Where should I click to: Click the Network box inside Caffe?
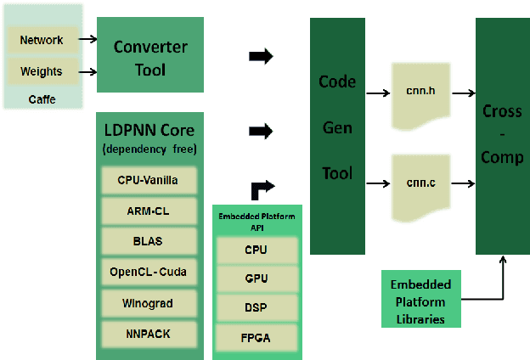coord(42,40)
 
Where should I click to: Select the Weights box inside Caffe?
coord(42,71)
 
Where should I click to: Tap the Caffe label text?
coord(42,99)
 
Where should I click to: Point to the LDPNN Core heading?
coord(149,130)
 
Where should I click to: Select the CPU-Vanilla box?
coord(149,180)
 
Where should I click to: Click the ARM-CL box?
coord(149,211)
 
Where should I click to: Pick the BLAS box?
coord(149,242)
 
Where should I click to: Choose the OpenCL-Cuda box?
coord(149,273)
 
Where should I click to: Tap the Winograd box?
coord(149,303)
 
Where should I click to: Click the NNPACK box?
coord(149,333)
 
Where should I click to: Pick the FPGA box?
coord(256,338)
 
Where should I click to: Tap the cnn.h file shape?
coord(420,91)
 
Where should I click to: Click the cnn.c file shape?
coord(420,183)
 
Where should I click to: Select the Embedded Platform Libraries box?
coord(420,301)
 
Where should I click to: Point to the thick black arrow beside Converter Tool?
coord(261,56)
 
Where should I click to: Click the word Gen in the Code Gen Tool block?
coord(336,127)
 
